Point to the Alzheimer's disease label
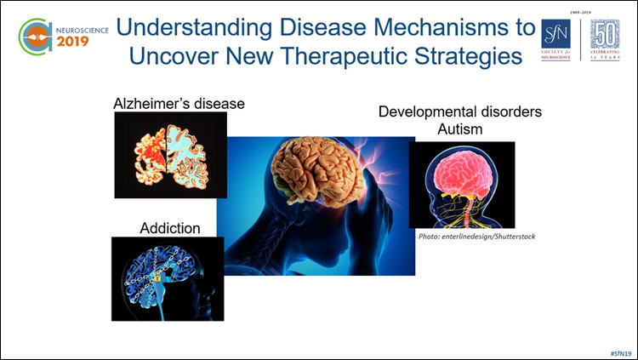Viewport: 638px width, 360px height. coord(179,104)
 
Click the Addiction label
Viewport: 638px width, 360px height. coord(170,228)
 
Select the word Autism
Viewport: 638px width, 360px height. coord(459,129)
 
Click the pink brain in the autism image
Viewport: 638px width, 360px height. coord(459,175)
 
